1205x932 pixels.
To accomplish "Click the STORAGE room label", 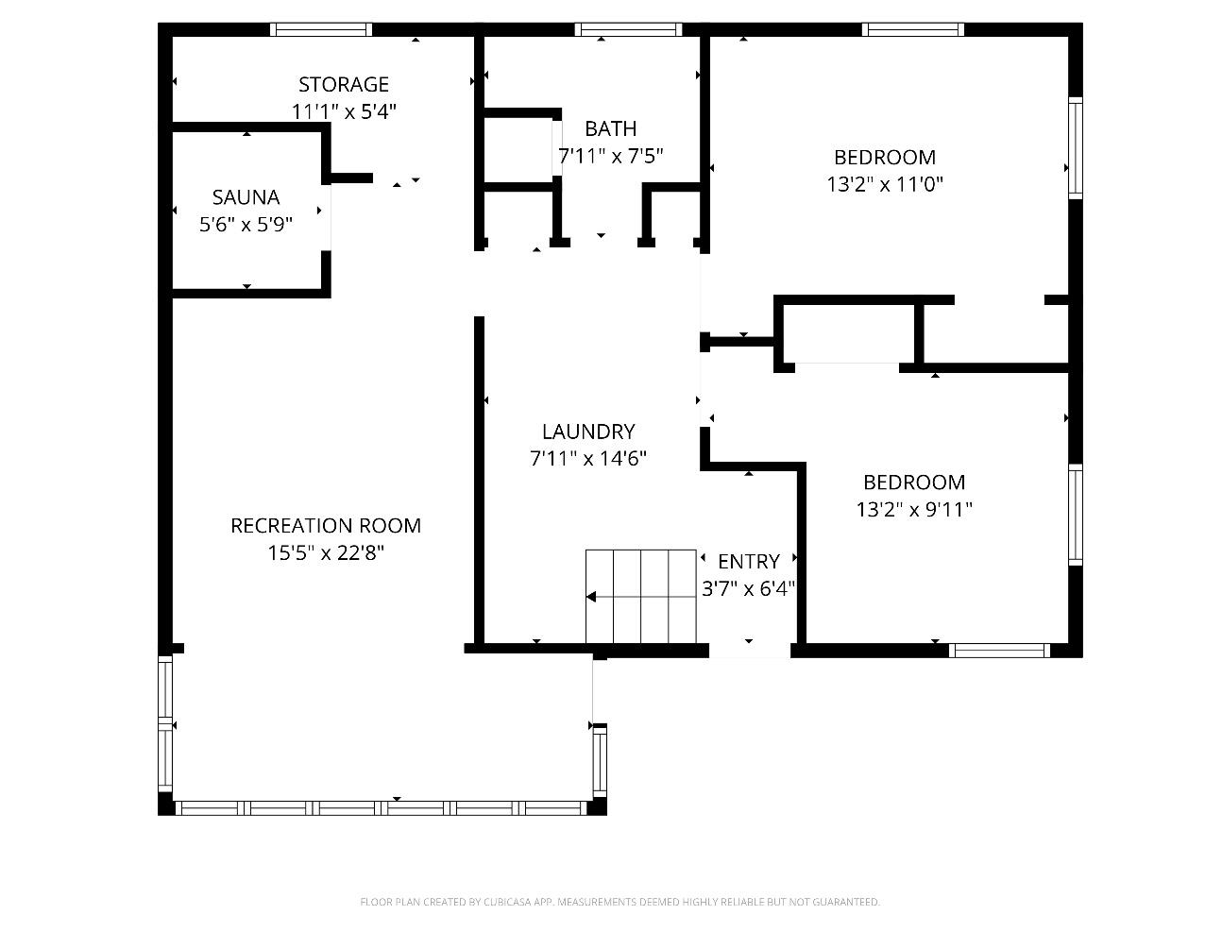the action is click(x=343, y=85).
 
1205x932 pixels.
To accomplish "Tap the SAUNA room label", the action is click(x=246, y=197).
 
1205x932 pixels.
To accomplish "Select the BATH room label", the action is click(x=611, y=129).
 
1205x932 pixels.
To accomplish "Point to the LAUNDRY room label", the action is click(x=588, y=432).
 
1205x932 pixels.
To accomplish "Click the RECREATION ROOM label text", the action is click(x=326, y=526).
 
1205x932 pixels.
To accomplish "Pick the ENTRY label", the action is click(x=749, y=562).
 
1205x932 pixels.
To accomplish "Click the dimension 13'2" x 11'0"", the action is click(x=885, y=184).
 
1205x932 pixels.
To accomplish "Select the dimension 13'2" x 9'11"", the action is click(x=914, y=510).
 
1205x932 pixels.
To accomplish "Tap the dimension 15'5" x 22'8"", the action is click(x=326, y=553).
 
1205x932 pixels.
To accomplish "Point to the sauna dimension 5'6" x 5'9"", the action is click(x=246, y=225).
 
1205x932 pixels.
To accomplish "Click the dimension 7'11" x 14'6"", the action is click(x=588, y=459).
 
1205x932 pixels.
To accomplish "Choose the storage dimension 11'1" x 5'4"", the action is click(x=344, y=112).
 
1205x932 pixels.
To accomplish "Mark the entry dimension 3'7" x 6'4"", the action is click(x=749, y=589).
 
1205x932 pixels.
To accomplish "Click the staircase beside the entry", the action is click(x=641, y=597).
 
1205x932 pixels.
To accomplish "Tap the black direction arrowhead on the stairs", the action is click(x=591, y=597).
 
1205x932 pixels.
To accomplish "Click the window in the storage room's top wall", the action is click(x=321, y=29).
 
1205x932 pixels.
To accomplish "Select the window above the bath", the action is click(x=628, y=29).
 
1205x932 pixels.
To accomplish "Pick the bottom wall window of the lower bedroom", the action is click(x=999, y=651).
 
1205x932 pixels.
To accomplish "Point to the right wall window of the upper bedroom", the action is click(x=1076, y=148).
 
